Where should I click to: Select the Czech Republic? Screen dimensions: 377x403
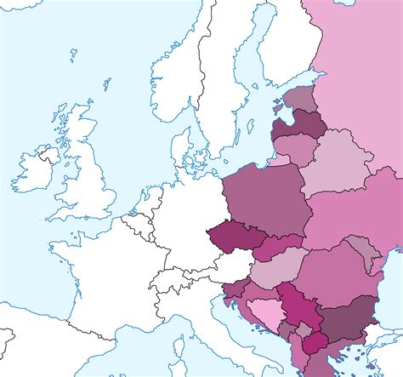click(230, 236)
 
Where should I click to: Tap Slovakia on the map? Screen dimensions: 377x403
click(278, 247)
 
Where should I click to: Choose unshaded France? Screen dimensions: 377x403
click(94, 272)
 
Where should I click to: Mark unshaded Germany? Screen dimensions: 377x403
click(183, 213)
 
